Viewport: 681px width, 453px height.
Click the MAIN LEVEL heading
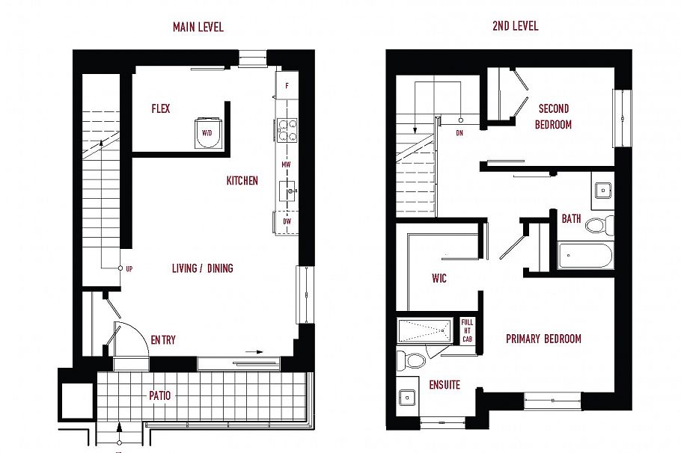coord(198,27)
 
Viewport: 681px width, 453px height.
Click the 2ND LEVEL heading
coord(515,25)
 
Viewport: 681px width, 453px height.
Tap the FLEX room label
coord(160,108)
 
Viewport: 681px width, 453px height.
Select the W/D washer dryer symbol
coord(207,132)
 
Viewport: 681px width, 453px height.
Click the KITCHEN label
coord(242,180)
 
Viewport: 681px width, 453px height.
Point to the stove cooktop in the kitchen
coord(287,131)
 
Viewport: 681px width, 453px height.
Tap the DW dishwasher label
coord(287,221)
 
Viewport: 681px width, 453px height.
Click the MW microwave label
coord(286,164)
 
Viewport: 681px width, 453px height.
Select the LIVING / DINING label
coord(202,268)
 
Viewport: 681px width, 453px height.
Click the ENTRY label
coord(163,339)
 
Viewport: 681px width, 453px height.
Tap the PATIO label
coord(159,395)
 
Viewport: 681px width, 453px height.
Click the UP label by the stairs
coord(129,268)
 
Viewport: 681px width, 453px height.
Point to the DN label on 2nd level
coord(459,133)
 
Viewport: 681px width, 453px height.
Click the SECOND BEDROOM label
coord(553,117)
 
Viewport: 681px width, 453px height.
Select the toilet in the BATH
coord(599,224)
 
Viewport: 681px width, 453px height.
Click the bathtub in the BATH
coord(585,256)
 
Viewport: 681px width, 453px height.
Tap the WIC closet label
coord(439,278)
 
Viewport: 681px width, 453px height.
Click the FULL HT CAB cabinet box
coord(467,330)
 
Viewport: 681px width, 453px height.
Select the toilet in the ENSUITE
coord(412,360)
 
